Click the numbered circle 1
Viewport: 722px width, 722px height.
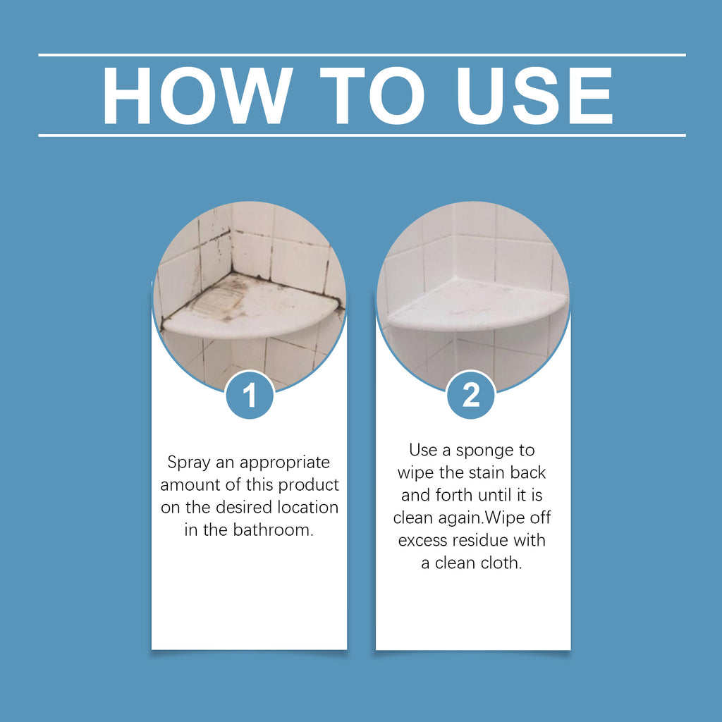point(250,396)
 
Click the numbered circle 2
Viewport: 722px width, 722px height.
point(471,396)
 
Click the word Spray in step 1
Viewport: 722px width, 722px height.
point(188,463)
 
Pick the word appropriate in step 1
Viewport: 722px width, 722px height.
point(285,463)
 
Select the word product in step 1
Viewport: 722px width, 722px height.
point(308,485)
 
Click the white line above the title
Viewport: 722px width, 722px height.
point(361,55)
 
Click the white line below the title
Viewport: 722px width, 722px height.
point(361,135)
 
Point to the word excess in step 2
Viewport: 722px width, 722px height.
point(424,541)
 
